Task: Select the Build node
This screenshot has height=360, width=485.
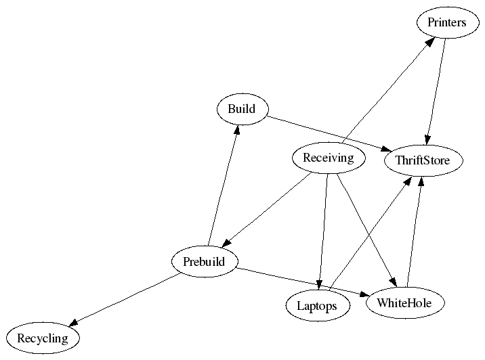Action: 242,110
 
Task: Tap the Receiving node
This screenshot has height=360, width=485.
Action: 329,158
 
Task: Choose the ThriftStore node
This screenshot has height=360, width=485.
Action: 423,160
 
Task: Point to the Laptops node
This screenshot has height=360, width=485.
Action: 317,306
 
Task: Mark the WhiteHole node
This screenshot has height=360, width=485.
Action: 404,302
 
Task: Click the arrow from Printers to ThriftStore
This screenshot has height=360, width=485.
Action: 436,91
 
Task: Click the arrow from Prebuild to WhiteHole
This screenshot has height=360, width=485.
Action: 301,282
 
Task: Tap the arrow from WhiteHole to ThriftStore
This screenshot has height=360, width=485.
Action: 415,230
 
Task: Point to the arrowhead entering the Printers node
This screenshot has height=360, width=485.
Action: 429,42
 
